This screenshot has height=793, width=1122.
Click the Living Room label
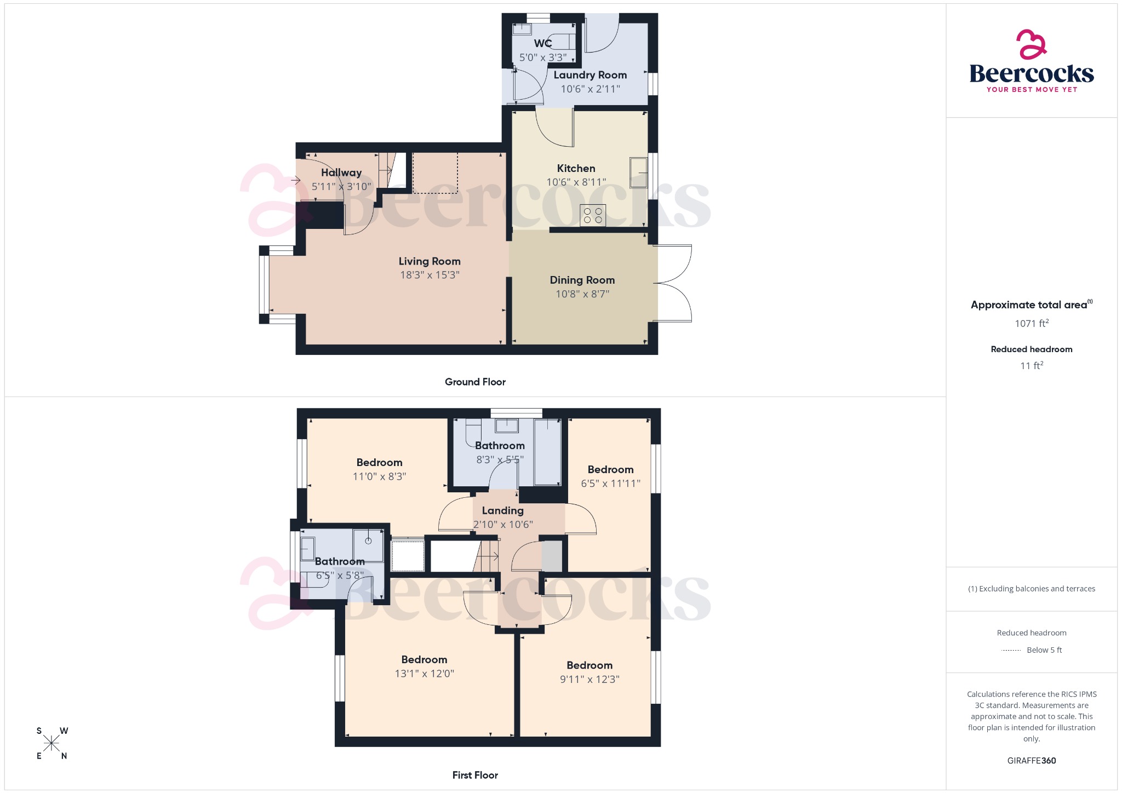coord(430,261)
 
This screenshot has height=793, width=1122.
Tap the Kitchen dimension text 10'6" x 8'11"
coord(576,182)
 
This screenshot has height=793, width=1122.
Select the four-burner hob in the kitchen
coord(593,215)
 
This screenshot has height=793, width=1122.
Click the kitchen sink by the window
coord(638,173)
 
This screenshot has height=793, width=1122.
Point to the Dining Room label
coord(582,280)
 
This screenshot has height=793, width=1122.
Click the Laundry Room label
coord(590,75)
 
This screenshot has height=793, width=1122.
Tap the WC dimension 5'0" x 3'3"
coord(543,57)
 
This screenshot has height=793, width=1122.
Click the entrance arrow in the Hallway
coord(296,180)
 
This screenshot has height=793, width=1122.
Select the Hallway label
coord(341,173)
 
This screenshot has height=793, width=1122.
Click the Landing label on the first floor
coord(502,510)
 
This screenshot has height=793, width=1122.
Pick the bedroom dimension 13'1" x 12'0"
coord(425,674)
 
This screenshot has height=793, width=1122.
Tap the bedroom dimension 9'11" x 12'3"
coord(589,679)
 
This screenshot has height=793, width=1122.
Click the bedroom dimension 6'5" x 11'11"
coord(610,483)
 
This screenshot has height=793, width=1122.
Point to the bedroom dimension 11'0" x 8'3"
coord(379,476)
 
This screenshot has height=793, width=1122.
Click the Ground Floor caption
coord(475,382)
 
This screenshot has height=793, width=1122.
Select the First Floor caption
coord(475,775)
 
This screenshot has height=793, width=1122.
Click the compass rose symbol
coord(52,743)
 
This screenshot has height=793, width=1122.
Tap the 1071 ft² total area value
coord(1031,324)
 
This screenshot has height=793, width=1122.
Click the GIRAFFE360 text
coord(1031,760)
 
